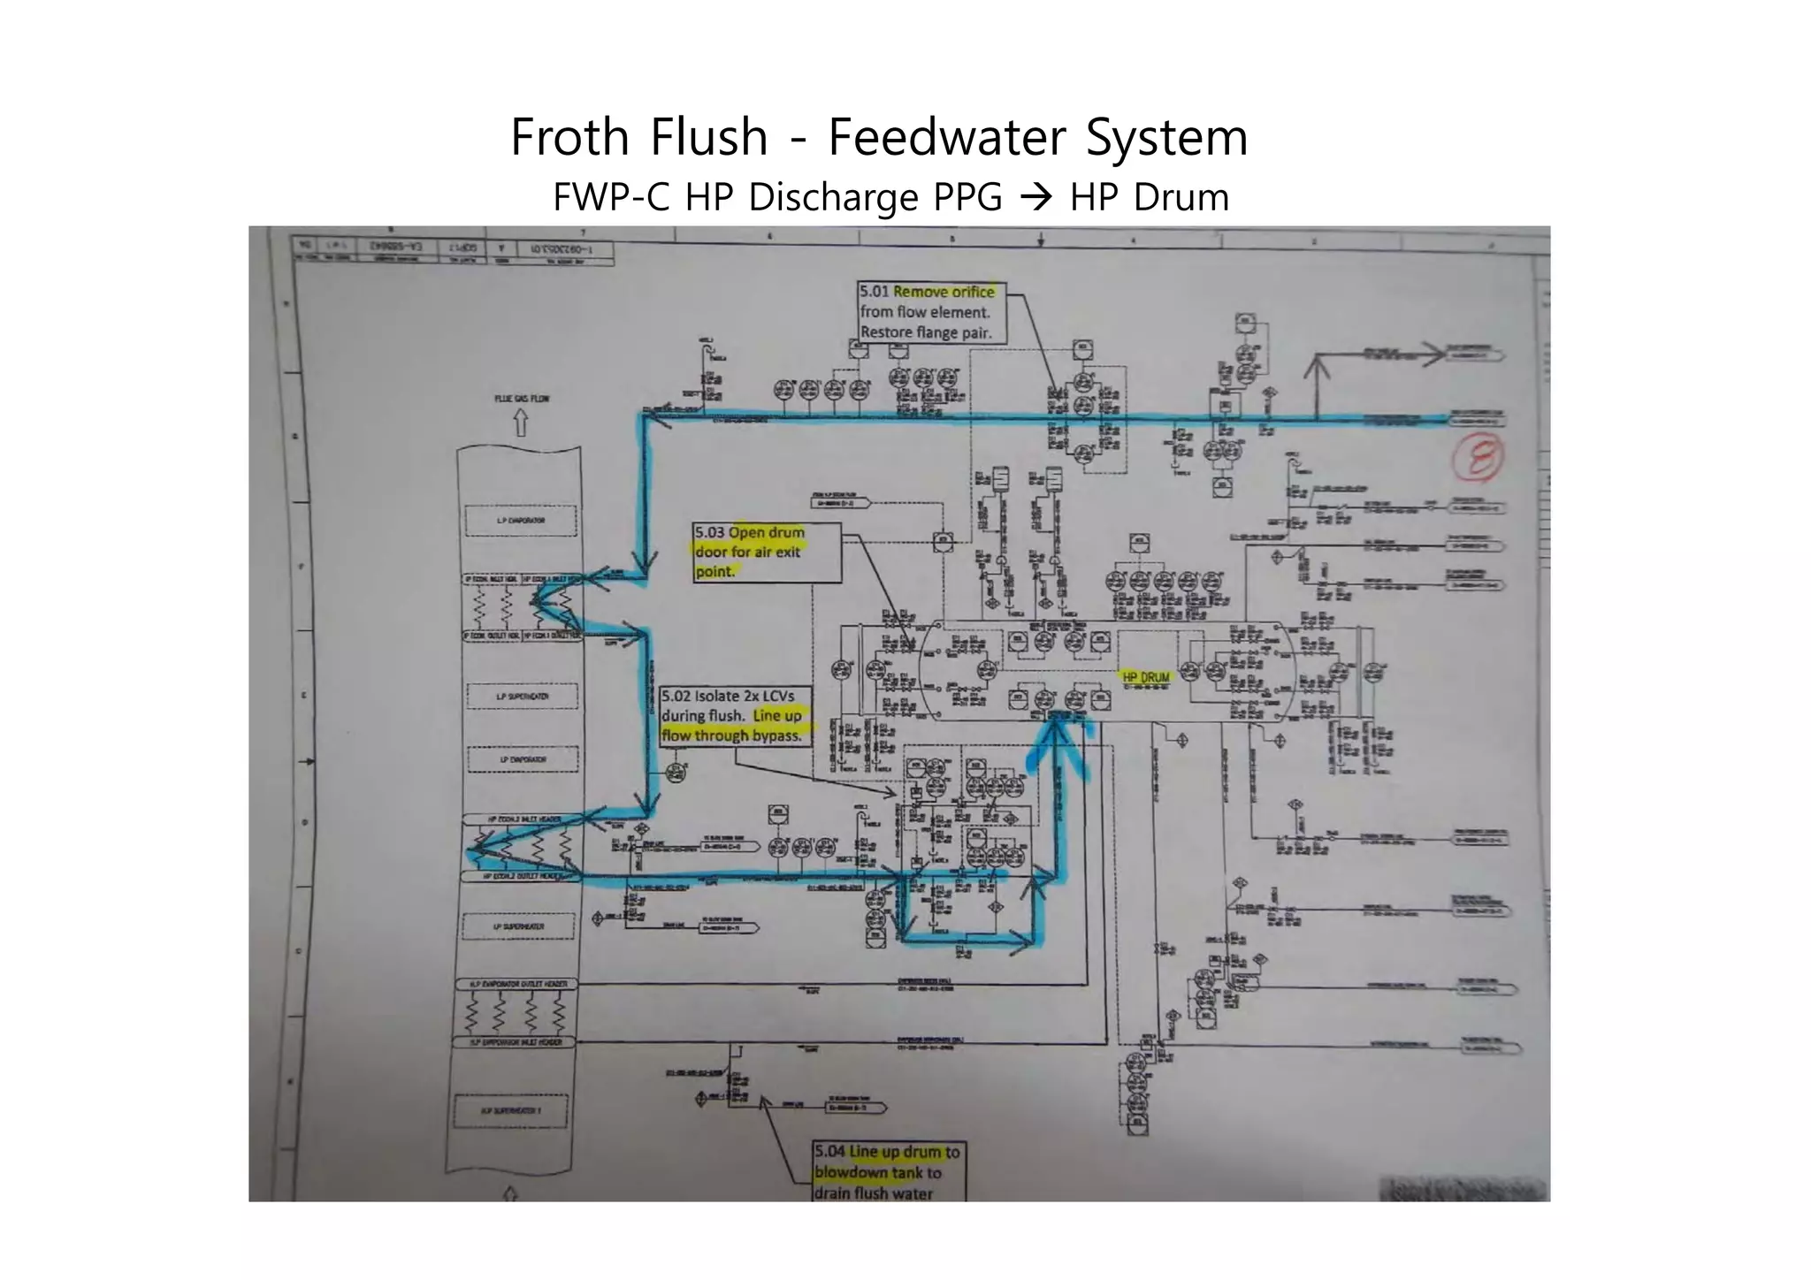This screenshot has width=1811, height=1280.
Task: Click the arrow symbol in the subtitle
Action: pos(1035,197)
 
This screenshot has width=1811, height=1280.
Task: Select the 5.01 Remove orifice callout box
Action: pos(931,312)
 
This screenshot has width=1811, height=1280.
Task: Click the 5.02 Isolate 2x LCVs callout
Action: pos(735,716)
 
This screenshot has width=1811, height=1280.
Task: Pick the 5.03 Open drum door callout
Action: pos(766,552)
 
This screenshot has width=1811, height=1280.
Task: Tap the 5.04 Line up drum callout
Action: pos(889,1172)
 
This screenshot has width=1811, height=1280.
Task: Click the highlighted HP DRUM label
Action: pos(1146,677)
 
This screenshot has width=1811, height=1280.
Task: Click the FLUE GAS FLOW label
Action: pos(521,399)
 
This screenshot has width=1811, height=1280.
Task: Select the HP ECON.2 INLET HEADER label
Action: pos(524,819)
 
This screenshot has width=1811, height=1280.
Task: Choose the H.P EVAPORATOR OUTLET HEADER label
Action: pos(517,984)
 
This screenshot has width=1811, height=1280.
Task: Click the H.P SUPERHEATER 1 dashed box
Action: pos(510,1110)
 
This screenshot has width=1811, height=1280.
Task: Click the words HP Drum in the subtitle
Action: pos(1150,197)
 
